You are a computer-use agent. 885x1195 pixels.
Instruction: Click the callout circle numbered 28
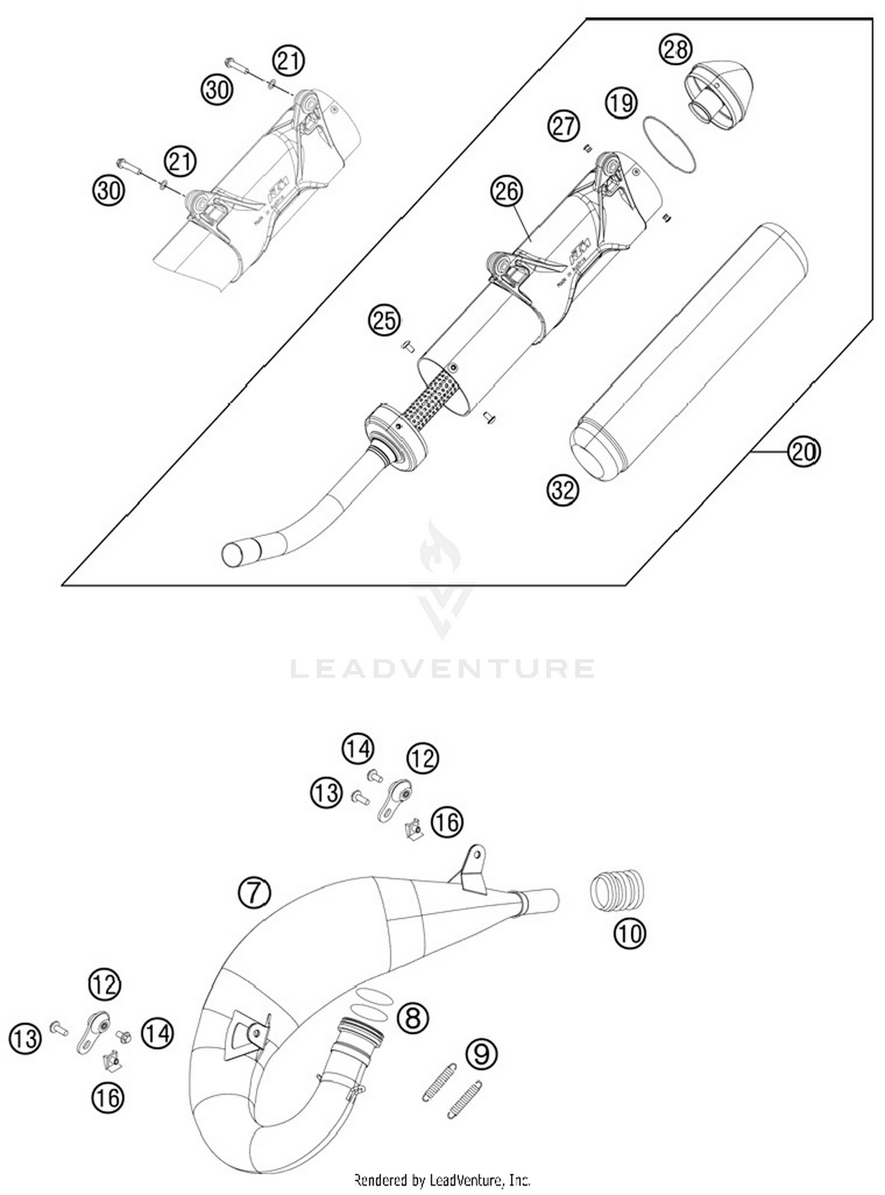675,49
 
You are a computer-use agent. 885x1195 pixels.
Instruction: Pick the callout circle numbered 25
384,320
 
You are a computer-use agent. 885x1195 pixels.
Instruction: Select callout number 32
563,489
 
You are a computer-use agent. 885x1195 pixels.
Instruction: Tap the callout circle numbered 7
254,893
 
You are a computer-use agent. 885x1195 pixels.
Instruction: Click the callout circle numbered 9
481,1053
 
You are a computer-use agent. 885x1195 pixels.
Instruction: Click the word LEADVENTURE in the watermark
442,668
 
